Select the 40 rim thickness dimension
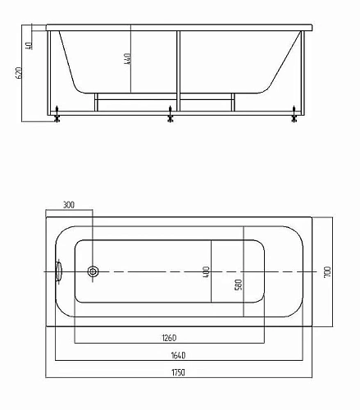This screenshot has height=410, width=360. [x=29, y=44]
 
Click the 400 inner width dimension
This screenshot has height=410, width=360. [x=207, y=271]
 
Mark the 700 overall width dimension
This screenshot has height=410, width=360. [x=326, y=271]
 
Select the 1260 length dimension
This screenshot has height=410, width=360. [x=170, y=336]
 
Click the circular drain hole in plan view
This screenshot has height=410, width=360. [x=93, y=271]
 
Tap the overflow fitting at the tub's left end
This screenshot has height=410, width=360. [x=59, y=271]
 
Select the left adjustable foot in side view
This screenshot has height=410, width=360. [x=57, y=116]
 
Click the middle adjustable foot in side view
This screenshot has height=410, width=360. [x=171, y=116]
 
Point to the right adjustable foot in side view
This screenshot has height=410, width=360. [x=294, y=116]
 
